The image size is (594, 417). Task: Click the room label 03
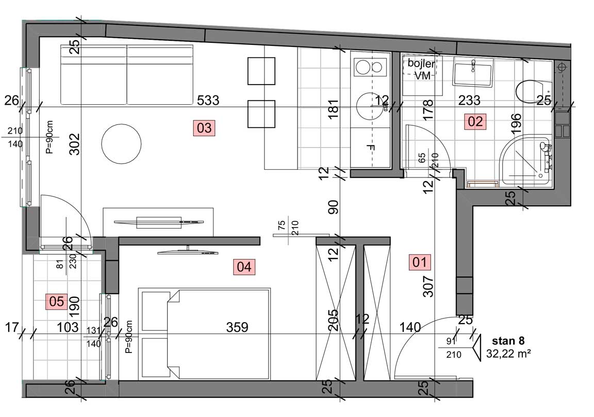(204, 128)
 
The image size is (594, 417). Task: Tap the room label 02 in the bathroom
(475, 121)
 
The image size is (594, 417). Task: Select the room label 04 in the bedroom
(244, 266)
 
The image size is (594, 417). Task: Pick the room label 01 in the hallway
(419, 262)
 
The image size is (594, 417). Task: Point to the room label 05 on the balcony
(57, 301)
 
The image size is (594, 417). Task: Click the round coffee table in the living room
(121, 144)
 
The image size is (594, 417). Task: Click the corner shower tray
(526, 161)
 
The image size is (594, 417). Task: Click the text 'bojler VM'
(421, 69)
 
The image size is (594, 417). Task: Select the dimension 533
(208, 100)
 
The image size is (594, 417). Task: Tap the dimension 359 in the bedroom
(237, 327)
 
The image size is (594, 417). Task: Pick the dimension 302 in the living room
(75, 144)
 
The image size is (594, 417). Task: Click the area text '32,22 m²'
(508, 354)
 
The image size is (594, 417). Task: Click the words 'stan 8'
(508, 341)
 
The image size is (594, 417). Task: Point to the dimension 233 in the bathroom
(469, 101)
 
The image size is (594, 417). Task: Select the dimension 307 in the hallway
(427, 286)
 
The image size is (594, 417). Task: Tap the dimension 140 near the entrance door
(410, 327)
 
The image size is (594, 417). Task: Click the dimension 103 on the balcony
(68, 327)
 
